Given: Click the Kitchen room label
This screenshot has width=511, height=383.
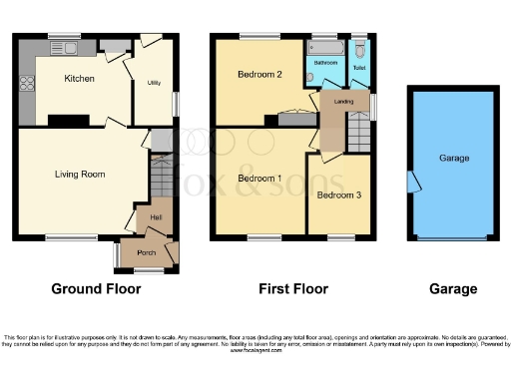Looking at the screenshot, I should [x=79, y=78].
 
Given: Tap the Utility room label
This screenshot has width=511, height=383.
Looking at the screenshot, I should [x=155, y=83].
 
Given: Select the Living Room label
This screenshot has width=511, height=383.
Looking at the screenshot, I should [x=80, y=174].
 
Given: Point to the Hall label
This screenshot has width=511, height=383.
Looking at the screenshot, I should [x=156, y=216].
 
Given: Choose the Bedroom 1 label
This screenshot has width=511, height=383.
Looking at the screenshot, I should [x=259, y=179].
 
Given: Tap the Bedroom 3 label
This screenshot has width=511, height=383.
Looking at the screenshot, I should [x=339, y=195].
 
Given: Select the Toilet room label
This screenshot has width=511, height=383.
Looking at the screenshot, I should [x=360, y=69].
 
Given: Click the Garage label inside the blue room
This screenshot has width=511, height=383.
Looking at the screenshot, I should [x=454, y=159].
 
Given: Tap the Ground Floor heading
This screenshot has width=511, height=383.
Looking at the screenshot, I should [x=96, y=289].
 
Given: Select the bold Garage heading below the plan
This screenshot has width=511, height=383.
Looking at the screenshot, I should [x=453, y=289].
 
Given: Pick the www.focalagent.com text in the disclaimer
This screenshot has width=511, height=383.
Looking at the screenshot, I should [x=255, y=351].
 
